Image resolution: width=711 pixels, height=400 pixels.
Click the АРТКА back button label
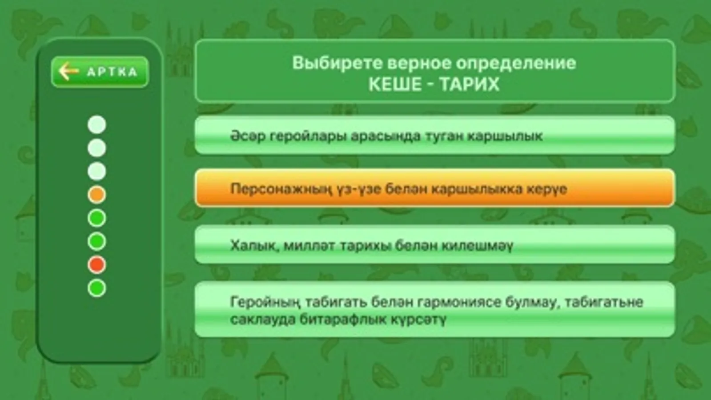click(x=112, y=72)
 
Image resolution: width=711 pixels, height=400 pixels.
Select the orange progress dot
click(x=97, y=195)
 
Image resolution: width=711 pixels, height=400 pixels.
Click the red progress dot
click(x=97, y=265)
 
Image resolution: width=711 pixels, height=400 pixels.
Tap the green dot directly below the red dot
click(x=97, y=288)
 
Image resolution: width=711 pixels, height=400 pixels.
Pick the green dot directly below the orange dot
click(x=97, y=218)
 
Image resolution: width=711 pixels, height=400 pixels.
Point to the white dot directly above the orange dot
click(x=97, y=172)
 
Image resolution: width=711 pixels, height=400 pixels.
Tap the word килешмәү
click(x=477, y=245)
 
